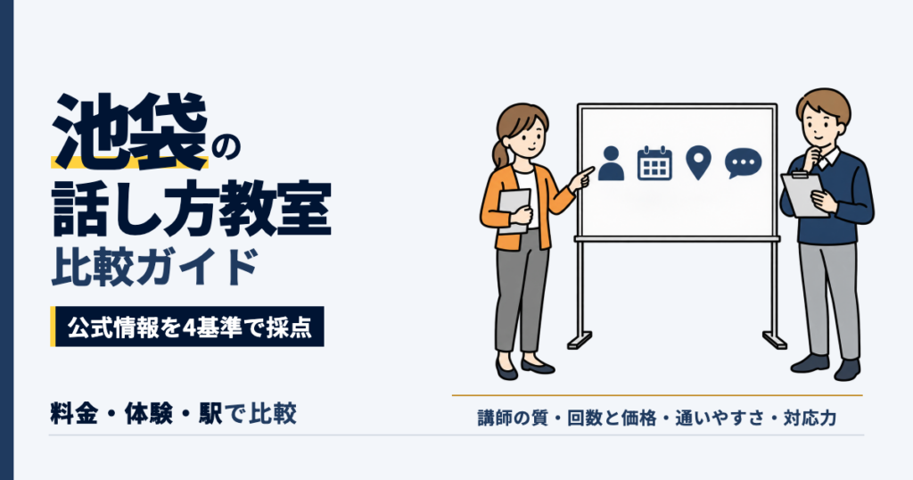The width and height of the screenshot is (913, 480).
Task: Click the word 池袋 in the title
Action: pos(130,131)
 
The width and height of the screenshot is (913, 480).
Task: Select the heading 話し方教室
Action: pos(192,208)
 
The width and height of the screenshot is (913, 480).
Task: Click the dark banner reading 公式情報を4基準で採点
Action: pos(187,327)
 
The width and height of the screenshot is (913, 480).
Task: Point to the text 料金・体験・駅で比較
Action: pos(174,413)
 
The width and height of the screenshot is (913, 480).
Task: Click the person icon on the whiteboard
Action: pos(611,163)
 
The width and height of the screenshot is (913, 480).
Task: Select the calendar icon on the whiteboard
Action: pos(654,163)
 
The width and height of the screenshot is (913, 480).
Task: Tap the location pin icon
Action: pos(699,163)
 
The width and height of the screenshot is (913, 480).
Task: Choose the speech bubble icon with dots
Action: pos(743,163)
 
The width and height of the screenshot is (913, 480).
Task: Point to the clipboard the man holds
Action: pos(804,194)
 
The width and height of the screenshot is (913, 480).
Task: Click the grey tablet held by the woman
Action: pos(514,211)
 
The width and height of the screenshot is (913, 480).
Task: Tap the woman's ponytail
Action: pos(500,153)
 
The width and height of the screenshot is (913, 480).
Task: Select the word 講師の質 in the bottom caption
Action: pos(513,418)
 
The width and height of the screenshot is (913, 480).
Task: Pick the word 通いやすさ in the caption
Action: pos(720,418)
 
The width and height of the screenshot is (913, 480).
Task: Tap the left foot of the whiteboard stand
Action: pos(580,340)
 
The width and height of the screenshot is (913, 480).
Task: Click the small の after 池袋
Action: pos(226,150)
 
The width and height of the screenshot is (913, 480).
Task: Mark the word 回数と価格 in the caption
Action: pos(612,418)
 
